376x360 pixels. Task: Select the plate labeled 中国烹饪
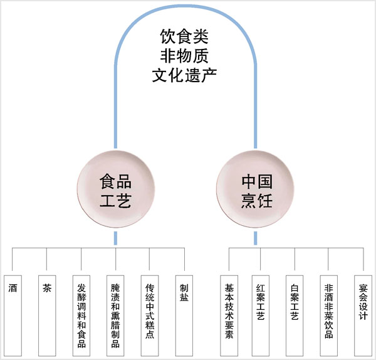coord(256,192)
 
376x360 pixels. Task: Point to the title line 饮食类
coord(184,36)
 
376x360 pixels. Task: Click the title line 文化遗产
coord(184,76)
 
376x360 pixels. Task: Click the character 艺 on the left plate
coord(123,201)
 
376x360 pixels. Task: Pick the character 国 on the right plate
coord(264,183)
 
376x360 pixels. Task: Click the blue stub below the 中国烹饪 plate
coord(256,239)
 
